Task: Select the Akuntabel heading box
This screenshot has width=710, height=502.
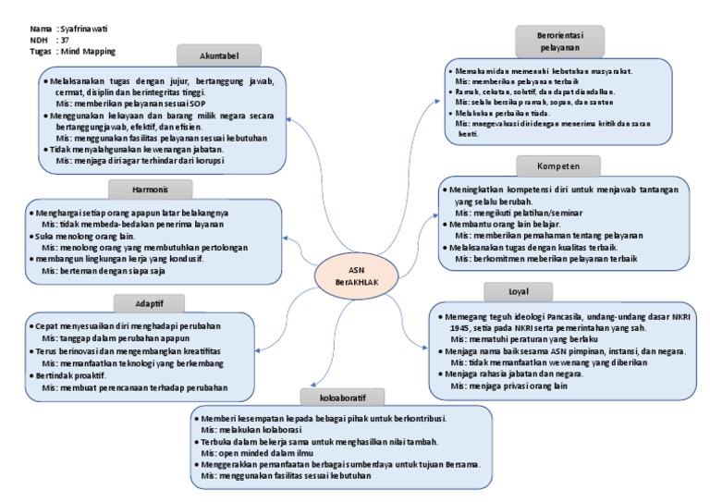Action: pyautogui.click(x=219, y=55)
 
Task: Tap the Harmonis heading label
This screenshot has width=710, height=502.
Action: pyautogui.click(x=151, y=189)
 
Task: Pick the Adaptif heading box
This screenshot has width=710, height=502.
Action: pyautogui.click(x=150, y=303)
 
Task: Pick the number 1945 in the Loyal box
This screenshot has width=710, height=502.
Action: pyautogui.click(x=447, y=328)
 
